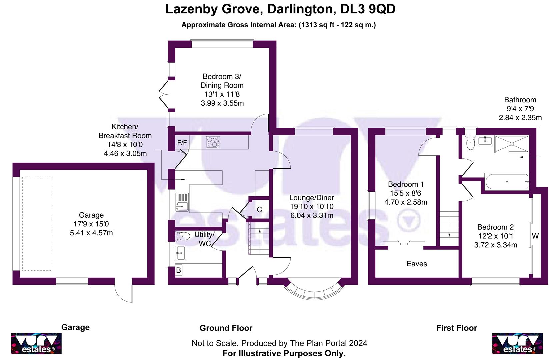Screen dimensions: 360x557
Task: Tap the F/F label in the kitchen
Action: (x=182, y=143)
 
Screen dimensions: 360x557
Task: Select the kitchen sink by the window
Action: (x=182, y=203)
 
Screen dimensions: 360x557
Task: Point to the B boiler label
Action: (x=178, y=270)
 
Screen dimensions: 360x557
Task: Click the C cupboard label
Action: (x=259, y=210)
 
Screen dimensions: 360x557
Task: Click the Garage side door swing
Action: (x=124, y=292)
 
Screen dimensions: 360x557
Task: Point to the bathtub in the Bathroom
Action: (x=507, y=182)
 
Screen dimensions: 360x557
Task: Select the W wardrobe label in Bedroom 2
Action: (x=535, y=236)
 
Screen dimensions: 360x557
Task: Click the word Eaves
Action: (x=417, y=264)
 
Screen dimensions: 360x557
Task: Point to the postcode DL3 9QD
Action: (x=368, y=9)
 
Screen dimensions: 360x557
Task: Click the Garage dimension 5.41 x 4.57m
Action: (x=91, y=233)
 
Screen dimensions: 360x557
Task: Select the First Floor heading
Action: (x=456, y=328)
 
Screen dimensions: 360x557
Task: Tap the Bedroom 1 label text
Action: (x=406, y=184)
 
